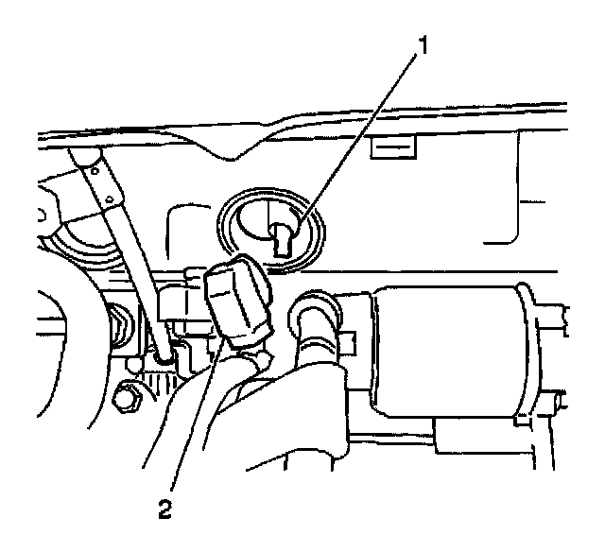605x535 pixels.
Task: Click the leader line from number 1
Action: (x=369, y=132)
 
